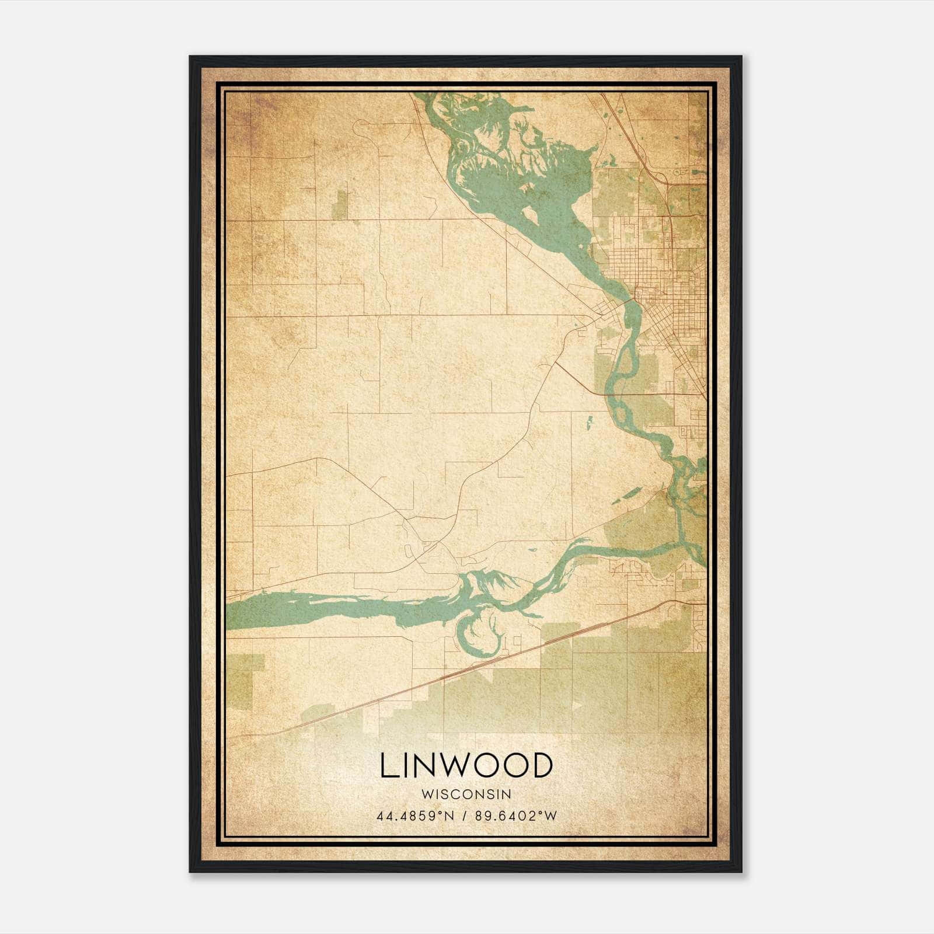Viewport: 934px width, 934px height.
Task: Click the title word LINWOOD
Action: coord(466,765)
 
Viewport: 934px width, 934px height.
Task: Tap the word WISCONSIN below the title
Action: coord(466,794)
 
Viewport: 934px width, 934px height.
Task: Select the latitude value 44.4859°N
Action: coord(414,816)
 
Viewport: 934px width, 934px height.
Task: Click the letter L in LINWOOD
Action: coord(388,765)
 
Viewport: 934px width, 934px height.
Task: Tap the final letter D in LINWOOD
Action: coord(541,765)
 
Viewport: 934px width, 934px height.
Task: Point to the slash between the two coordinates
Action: coord(465,816)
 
